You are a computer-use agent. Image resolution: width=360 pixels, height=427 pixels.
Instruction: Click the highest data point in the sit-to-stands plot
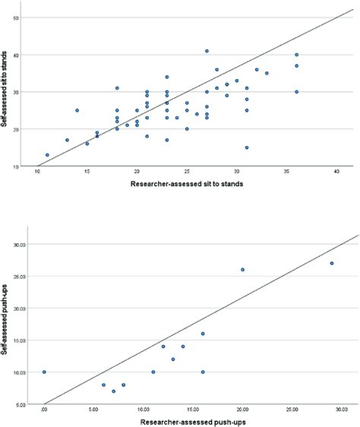[207, 52]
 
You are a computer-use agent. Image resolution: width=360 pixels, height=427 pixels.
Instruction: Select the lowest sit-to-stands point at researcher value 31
[247, 147]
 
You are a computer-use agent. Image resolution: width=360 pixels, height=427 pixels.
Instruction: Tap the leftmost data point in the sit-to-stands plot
[47, 155]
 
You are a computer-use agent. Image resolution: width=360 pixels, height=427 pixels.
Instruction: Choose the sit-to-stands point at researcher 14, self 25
[77, 110]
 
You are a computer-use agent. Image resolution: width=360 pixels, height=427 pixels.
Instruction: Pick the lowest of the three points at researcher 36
[297, 91]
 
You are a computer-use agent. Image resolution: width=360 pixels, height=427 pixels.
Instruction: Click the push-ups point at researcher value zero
[44, 372]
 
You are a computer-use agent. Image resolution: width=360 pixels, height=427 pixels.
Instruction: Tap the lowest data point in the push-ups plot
[114, 391]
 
